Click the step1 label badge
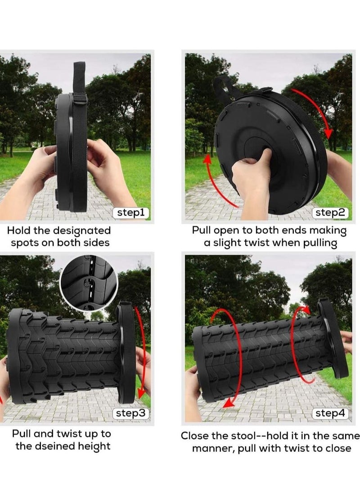point(130,213)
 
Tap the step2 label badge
point(331,213)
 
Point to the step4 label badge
point(331,413)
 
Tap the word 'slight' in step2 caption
point(237,243)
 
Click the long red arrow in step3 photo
point(144,351)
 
